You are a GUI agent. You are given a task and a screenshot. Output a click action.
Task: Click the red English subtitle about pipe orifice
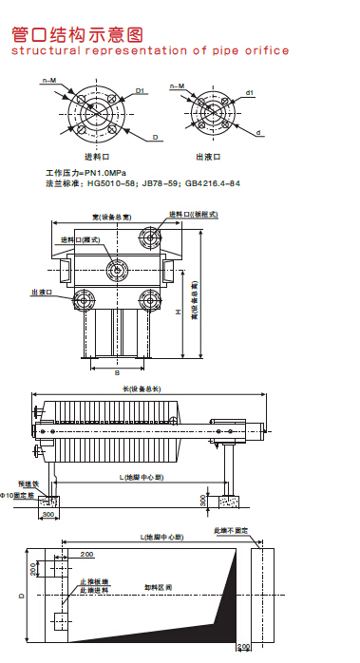pyautogui.click(x=149, y=51)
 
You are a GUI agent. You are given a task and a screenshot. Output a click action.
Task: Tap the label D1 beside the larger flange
pyautogui.click(x=140, y=90)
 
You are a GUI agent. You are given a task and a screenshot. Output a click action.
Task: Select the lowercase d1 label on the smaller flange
pyautogui.click(x=249, y=92)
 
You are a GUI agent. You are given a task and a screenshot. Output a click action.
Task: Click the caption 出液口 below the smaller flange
pyautogui.click(x=208, y=157)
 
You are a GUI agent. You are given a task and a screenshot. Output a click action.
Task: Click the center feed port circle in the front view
pyautogui.click(x=116, y=271)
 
